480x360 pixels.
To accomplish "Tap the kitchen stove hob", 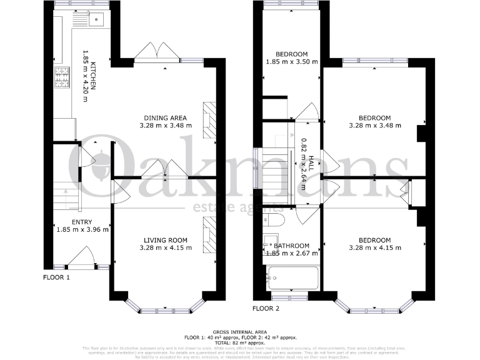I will (63, 78).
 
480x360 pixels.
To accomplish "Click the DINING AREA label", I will (165, 117).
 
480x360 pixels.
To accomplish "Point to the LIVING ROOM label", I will (166, 240).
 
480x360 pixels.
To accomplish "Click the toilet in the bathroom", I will (275, 220).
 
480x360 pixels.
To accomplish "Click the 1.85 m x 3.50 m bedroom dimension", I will (291, 62).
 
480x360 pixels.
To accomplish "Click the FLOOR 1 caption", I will (56, 277).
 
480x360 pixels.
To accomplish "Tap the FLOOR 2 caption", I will (266, 308).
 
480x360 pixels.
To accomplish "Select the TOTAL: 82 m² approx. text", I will (239, 342).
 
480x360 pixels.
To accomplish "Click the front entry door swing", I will (82, 256).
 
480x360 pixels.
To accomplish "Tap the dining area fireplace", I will (211, 118).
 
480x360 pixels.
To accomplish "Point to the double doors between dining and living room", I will (165, 169).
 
